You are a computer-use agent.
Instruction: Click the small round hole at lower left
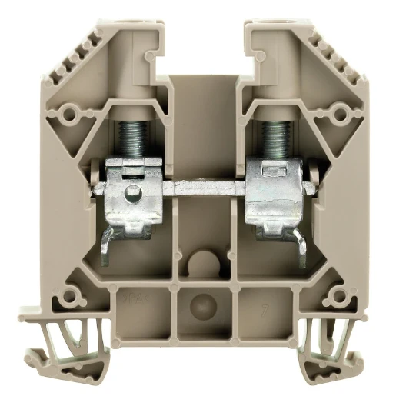pos(75,294)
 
